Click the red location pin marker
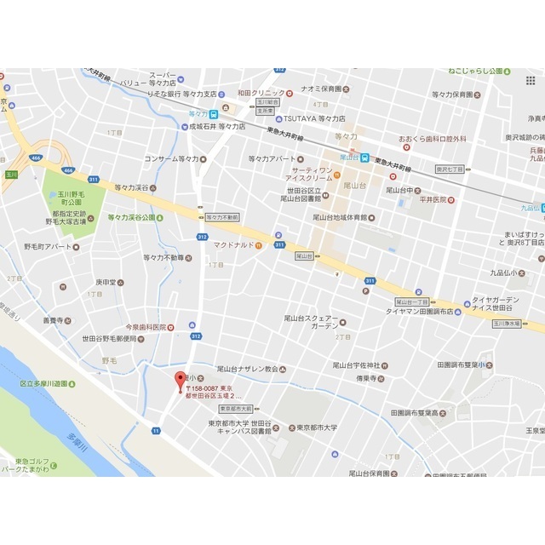tap(179, 381)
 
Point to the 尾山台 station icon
tap(364, 157)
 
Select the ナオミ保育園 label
tap(315, 89)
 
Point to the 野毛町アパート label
tap(47, 246)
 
